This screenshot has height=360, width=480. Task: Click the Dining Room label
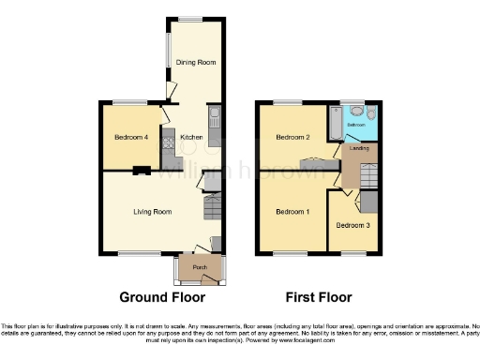tap(196, 63)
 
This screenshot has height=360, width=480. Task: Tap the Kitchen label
tap(191, 137)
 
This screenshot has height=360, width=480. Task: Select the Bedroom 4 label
tap(130, 137)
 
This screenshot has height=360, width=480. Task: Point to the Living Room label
tap(155, 212)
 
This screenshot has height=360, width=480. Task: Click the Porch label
tap(199, 267)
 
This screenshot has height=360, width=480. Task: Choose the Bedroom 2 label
tap(292, 137)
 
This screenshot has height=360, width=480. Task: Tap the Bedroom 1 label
tap(292, 212)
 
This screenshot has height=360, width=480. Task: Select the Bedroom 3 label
tap(352, 225)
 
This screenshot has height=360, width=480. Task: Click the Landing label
tap(358, 148)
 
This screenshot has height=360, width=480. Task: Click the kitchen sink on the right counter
tap(215, 118)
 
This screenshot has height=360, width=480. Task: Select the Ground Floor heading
tap(162, 297)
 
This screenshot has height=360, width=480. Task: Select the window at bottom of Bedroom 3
tap(352, 253)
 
